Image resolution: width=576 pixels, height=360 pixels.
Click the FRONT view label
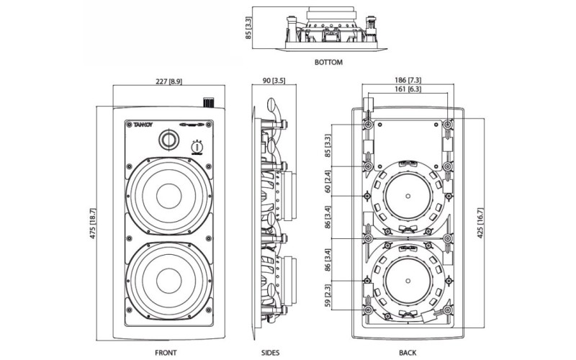[166, 353]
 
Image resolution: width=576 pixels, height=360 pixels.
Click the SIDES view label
[271, 353]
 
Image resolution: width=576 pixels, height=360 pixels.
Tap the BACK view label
[408, 353]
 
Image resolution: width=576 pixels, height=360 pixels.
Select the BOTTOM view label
[328, 63]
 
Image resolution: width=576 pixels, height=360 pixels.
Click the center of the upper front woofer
[170, 195]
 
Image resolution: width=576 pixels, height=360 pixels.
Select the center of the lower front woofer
[170, 278]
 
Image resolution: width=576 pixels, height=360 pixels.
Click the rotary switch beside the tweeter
[196, 148]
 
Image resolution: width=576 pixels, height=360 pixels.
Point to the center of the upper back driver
[408, 195]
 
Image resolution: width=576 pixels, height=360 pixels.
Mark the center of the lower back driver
[408, 278]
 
